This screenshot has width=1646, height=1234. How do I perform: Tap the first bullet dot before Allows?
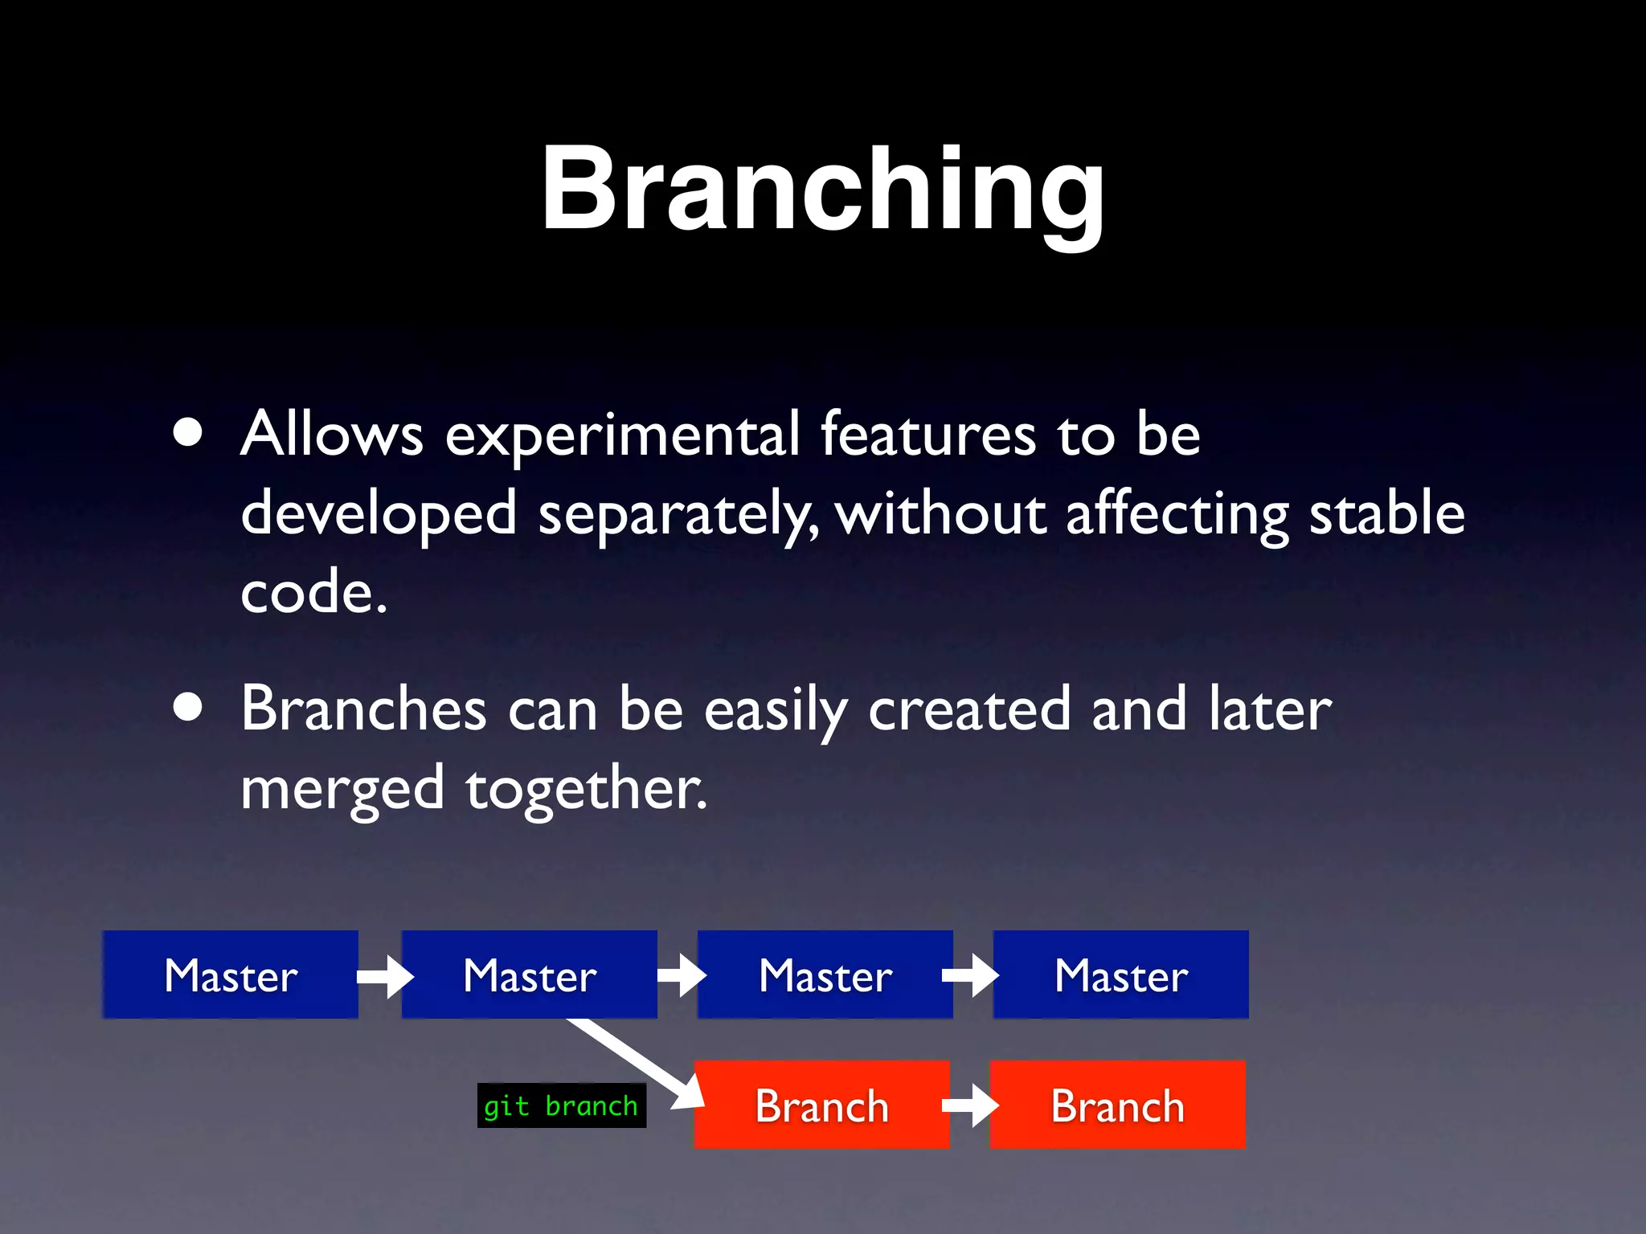point(188,433)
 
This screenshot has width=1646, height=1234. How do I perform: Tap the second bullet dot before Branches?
point(188,708)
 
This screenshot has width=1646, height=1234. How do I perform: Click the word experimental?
point(622,435)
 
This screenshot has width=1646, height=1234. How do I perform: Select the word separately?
point(677,515)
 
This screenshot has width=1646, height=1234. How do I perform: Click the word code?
point(313,592)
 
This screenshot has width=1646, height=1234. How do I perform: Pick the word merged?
point(342,790)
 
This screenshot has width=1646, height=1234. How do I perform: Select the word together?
point(585,790)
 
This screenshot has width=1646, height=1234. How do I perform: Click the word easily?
point(776,711)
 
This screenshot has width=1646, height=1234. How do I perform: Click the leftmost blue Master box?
point(231,975)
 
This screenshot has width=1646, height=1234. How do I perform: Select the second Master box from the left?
point(529,975)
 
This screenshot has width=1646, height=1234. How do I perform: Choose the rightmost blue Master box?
point(1120,975)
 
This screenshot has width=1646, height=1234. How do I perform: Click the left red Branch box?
point(821,1105)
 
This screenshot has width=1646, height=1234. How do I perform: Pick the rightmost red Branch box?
point(1117,1105)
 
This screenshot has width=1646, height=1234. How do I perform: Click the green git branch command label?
point(561,1106)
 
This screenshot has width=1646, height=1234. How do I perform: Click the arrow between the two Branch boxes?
point(970,1105)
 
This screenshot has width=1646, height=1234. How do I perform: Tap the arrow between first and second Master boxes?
point(385,976)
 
